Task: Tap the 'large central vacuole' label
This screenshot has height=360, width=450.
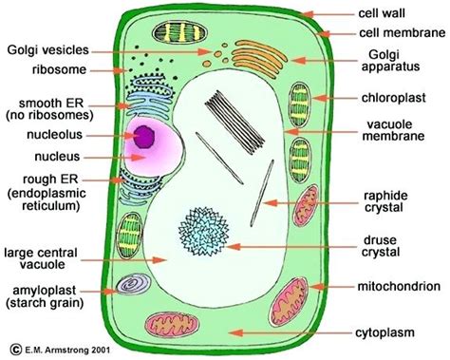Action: click(x=52, y=258)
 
